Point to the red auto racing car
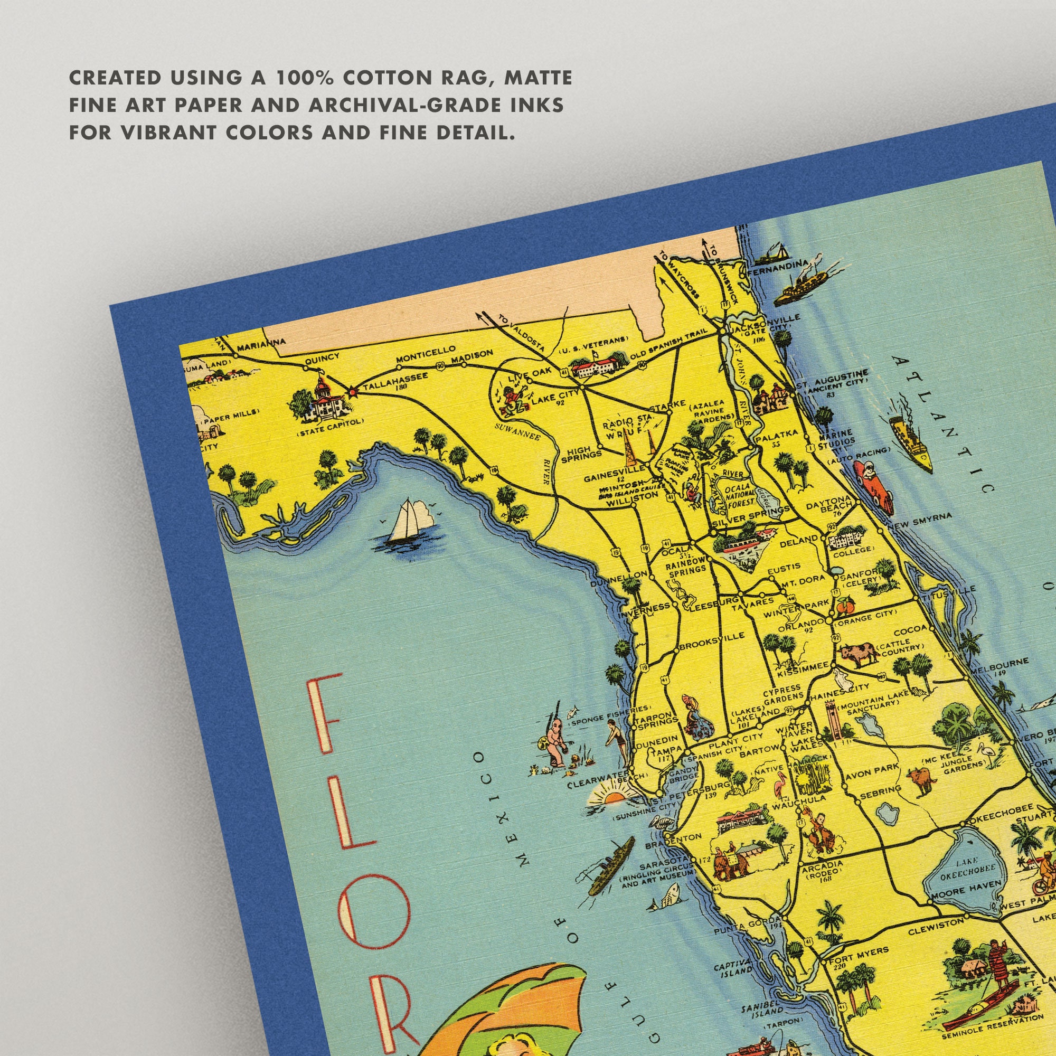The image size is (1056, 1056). (874, 486)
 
